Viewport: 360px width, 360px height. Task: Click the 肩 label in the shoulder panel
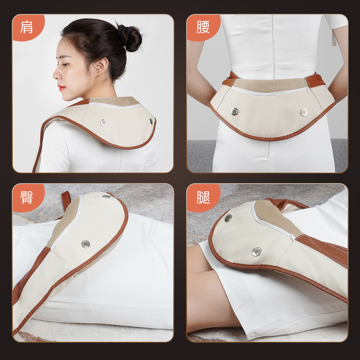point(27,27)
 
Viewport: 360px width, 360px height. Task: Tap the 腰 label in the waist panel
point(203,27)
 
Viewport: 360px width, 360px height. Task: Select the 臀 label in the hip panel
point(27,197)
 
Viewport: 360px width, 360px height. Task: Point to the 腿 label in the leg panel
point(203,197)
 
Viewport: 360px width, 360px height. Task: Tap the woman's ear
point(101,66)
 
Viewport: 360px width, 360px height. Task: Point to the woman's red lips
point(62,88)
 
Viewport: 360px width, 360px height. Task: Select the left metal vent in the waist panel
point(234,112)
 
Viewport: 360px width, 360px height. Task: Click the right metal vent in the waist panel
point(303,112)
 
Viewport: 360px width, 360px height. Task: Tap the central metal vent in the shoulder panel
point(103,122)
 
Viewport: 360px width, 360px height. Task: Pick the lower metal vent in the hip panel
point(85,244)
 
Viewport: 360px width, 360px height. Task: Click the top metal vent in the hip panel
point(106,197)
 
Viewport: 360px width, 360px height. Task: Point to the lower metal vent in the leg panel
point(256,252)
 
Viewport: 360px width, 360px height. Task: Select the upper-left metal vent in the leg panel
point(228,218)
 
